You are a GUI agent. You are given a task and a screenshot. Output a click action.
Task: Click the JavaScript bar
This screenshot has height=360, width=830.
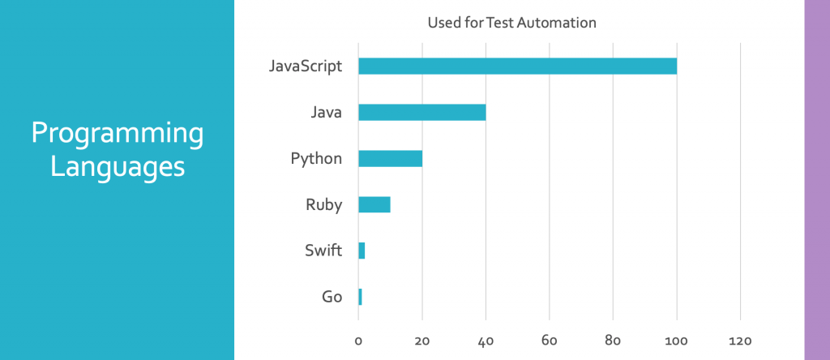click(x=517, y=66)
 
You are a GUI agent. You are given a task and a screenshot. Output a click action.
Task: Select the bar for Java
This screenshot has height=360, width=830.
click(x=421, y=113)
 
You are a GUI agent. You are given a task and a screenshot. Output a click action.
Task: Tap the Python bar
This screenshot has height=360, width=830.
click(x=390, y=158)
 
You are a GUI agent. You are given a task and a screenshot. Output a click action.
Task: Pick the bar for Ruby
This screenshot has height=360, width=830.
click(x=374, y=204)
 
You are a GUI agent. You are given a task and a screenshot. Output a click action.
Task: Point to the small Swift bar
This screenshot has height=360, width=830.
click(x=362, y=251)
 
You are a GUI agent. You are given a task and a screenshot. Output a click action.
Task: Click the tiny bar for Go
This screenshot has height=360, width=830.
click(x=360, y=297)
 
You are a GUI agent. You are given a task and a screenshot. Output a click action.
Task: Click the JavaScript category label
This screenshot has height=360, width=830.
click(x=306, y=66)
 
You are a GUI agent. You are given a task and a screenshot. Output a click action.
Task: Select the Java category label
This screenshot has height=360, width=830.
click(x=325, y=113)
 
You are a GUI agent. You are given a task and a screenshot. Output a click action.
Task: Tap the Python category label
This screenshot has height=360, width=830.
click(x=316, y=158)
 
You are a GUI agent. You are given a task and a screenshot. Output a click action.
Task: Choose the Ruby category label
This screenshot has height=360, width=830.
click(x=323, y=204)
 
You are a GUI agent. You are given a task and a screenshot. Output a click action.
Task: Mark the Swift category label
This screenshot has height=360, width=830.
click(x=323, y=251)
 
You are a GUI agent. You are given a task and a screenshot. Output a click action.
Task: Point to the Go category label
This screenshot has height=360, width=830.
click(x=332, y=297)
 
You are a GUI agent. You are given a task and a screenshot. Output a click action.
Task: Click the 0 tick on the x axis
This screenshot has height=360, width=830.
click(x=358, y=341)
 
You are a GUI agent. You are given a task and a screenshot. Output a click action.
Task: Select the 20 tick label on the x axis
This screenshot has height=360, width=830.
click(x=421, y=341)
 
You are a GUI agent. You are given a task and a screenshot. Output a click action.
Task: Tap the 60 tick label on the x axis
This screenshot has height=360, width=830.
click(x=550, y=341)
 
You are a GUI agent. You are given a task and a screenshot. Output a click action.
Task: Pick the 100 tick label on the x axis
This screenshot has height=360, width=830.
click(x=677, y=341)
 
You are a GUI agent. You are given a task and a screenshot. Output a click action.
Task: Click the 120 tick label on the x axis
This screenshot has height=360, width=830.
click(x=741, y=341)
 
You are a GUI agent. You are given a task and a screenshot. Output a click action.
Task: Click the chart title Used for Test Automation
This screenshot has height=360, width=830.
click(x=511, y=23)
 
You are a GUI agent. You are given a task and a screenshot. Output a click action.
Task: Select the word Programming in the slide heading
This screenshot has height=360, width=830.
click(x=117, y=134)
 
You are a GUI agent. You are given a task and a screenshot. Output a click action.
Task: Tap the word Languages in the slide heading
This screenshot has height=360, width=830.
click(x=117, y=168)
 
